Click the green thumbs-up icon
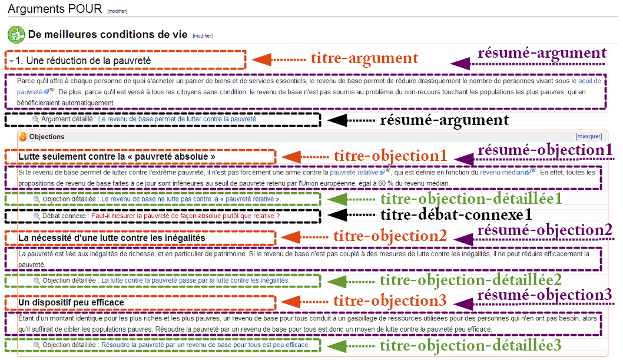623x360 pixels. tap(16, 35)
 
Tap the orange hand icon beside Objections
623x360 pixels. tap(23, 136)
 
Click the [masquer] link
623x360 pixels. tap(589, 136)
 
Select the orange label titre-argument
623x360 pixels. tap(364, 58)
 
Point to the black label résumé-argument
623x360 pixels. tap(444, 120)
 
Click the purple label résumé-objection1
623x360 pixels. tap(545, 150)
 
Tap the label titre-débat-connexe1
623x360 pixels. tap(456, 215)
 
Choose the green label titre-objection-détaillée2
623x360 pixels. tap(471, 280)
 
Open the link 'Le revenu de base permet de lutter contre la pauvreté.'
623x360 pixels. tap(178, 119)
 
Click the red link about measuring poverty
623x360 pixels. tap(185, 216)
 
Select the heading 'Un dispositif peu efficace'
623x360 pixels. tap(71, 302)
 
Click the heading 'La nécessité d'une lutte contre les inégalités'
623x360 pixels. tap(112, 238)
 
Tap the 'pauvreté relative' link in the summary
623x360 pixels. tap(354, 173)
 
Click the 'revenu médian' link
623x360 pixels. tap(502, 173)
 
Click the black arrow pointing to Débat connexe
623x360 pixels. tap(351, 215)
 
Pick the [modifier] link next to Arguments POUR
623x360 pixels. tap(117, 11)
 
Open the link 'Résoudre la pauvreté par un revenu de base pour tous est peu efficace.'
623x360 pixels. tap(206, 345)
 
